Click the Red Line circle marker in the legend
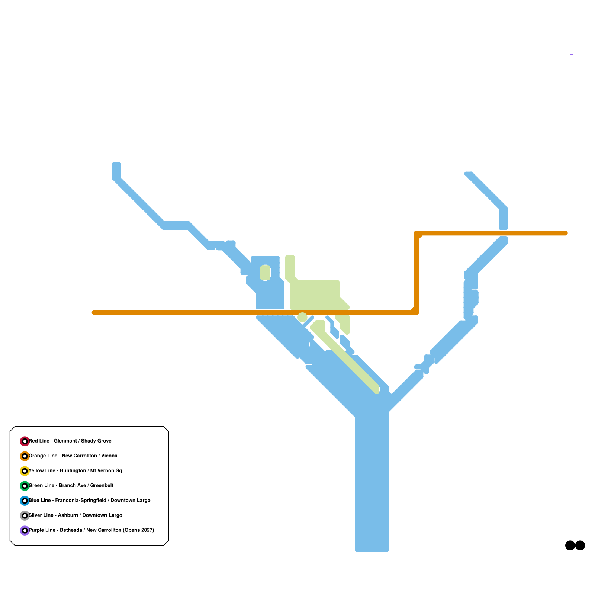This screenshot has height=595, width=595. tap(25, 441)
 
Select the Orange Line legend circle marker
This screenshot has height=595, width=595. tap(25, 456)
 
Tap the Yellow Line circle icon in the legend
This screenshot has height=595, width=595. tap(25, 471)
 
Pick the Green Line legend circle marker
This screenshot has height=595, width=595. tap(25, 486)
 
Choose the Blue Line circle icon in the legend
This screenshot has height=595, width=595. tap(25, 501)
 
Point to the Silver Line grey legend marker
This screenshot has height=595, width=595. tap(25, 515)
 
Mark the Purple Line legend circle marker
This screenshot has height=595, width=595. tap(25, 530)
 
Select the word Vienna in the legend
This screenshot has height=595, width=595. tap(109, 456)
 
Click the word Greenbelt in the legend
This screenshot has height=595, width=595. tap(102, 486)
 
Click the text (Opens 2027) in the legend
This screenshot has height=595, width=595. tap(138, 530)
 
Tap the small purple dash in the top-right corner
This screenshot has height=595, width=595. tap(571, 55)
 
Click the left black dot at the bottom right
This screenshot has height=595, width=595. tap(570, 546)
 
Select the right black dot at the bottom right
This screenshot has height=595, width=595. tap(580, 546)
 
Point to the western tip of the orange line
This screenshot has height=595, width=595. tap(93, 312)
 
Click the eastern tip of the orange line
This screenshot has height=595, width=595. tap(566, 233)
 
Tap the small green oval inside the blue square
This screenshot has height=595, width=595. tap(265, 273)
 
